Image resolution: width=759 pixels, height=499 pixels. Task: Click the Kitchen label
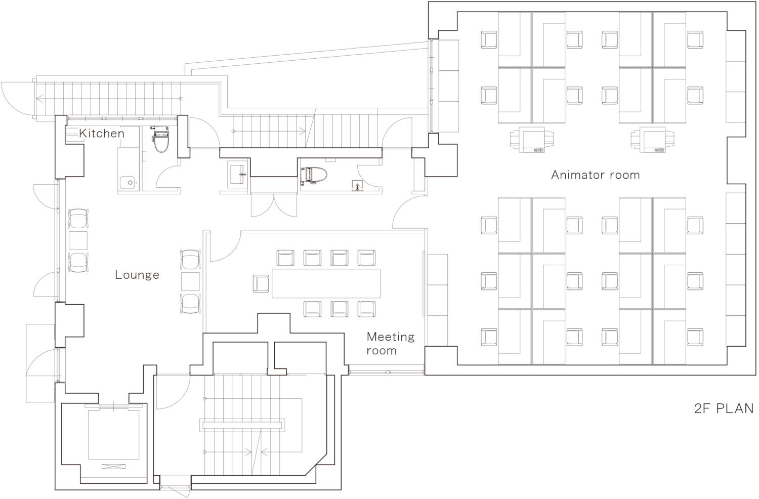point(102,133)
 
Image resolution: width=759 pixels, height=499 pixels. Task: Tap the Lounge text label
point(137,275)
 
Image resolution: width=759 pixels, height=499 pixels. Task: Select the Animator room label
point(596,175)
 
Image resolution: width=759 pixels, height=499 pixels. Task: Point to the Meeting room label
point(390,344)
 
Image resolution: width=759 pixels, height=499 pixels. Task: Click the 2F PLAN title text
point(724,408)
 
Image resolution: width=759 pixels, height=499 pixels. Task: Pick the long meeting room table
point(326,283)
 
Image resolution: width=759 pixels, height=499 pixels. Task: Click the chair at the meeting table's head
point(261,283)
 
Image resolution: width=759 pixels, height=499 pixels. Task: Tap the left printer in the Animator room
point(532,140)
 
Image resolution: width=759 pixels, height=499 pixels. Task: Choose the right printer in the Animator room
point(652,140)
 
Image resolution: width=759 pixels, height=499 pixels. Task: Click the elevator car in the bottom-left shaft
point(113,435)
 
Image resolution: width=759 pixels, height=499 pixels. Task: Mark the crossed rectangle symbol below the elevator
point(113,467)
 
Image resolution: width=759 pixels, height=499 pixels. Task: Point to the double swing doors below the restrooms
point(274,205)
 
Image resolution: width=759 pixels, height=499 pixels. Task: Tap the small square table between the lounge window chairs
point(78,240)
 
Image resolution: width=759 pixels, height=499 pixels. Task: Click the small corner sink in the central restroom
point(357,185)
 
